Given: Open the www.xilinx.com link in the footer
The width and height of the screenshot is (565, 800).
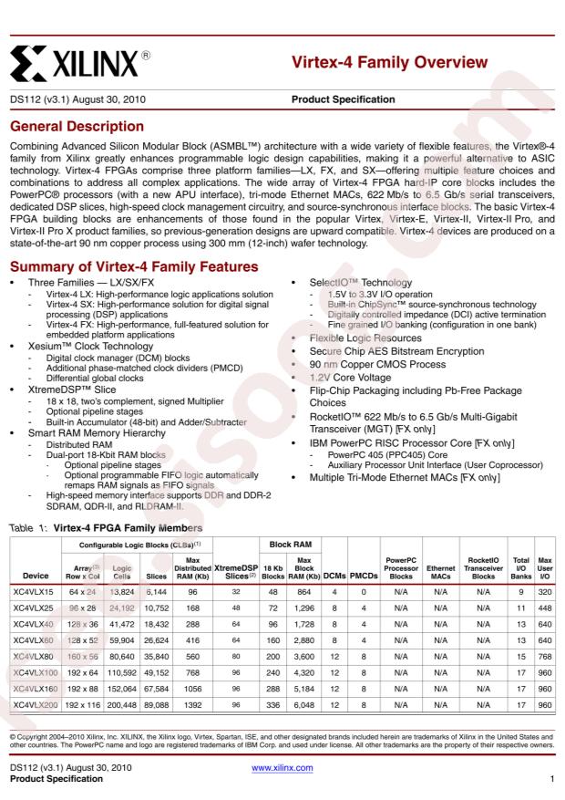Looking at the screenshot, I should point(282,769).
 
